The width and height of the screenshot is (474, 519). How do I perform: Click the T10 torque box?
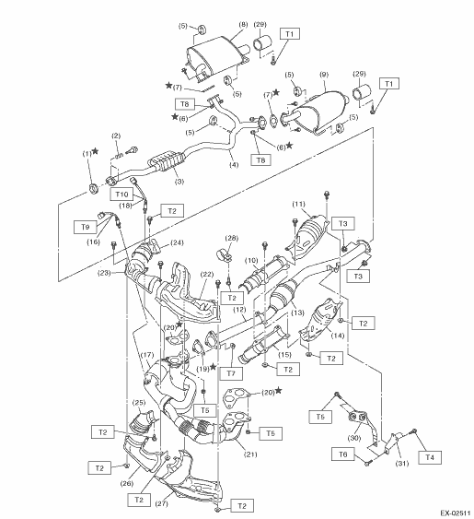pyautogui.click(x=121, y=194)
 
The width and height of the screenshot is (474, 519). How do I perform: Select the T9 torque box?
pyautogui.click(x=85, y=227)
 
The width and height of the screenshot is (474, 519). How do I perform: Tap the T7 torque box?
pyautogui.click(x=231, y=373)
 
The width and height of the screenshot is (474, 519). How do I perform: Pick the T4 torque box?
pyautogui.click(x=430, y=457)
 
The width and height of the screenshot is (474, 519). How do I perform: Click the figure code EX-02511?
pyautogui.click(x=456, y=513)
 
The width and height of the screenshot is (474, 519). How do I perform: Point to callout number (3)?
pyautogui.click(x=179, y=182)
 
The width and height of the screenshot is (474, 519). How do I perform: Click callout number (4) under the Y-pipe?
pyautogui.click(x=234, y=164)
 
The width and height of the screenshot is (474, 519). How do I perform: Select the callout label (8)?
pyautogui.click(x=243, y=24)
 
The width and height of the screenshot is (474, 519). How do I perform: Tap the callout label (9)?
pyautogui.click(x=324, y=75)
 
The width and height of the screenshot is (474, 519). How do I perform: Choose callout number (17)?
pyautogui.click(x=147, y=355)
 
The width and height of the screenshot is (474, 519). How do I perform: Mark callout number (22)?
pyautogui.click(x=207, y=274)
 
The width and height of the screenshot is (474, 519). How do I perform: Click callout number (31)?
pyautogui.click(x=402, y=464)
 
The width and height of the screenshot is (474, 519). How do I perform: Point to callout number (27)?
pyautogui.click(x=161, y=503)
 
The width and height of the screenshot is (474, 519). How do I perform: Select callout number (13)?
pyautogui.click(x=297, y=313)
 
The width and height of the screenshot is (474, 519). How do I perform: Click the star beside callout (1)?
pyautogui.click(x=95, y=151)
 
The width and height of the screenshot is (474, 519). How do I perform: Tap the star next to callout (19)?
pyautogui.click(x=214, y=366)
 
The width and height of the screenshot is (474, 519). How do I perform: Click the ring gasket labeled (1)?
pyautogui.click(x=94, y=188)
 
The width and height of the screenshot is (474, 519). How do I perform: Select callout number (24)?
pyautogui.click(x=177, y=242)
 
